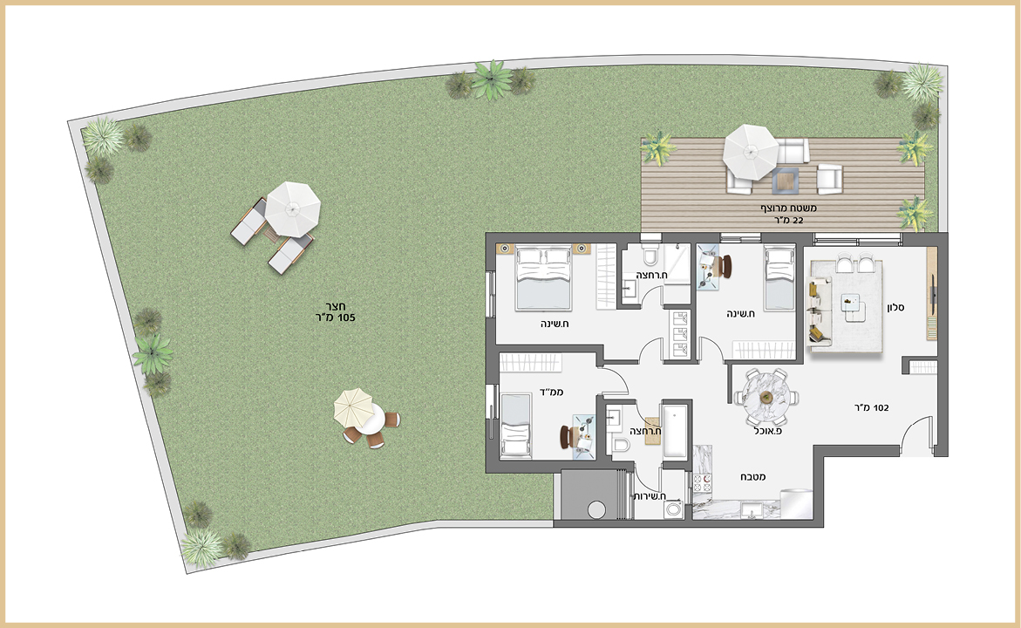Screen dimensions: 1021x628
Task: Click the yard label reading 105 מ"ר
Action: pyautogui.click(x=336, y=317)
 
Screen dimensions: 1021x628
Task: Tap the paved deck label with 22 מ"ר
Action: pyautogui.click(x=788, y=220)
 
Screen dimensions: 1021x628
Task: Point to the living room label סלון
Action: pyautogui.click(x=895, y=307)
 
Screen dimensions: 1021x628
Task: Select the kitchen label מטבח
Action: pyautogui.click(x=752, y=477)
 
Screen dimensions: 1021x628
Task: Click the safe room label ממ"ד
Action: pyautogui.click(x=552, y=392)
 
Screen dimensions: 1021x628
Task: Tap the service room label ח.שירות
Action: pyautogui.click(x=650, y=496)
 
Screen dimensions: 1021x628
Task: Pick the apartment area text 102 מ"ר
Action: pyautogui.click(x=872, y=408)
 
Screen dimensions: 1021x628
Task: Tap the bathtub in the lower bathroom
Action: pyautogui.click(x=675, y=431)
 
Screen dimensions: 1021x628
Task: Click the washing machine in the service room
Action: pyautogui.click(x=673, y=509)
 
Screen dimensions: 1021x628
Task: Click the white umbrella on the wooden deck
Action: pyautogui.click(x=751, y=153)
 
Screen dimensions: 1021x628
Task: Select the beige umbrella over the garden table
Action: pyautogui.click(x=352, y=406)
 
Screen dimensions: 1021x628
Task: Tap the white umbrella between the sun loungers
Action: pyautogui.click(x=293, y=209)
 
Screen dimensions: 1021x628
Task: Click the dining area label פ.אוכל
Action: pyautogui.click(x=768, y=431)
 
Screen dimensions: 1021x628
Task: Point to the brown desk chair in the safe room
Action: pyautogui.click(x=565, y=437)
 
